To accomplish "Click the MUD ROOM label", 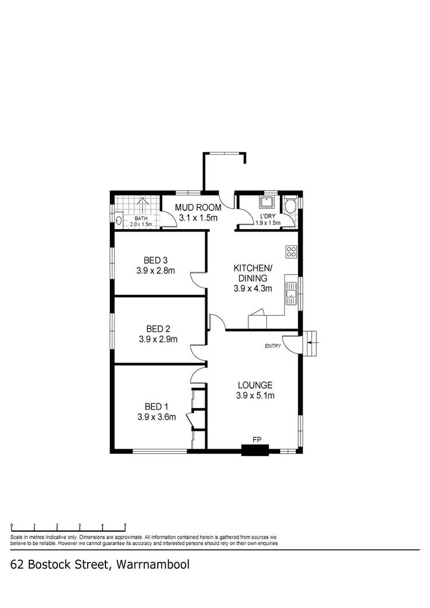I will pos(198,207).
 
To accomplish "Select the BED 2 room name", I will pos(158,328).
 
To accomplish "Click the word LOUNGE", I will pos(255,385).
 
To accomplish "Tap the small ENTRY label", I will pos(272,346).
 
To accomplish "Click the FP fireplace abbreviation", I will pos(257,440).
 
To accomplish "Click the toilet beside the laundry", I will pos(291,206).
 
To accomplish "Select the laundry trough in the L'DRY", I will pos(267,203).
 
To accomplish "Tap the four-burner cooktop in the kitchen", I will pos(291,251).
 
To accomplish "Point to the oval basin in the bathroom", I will pos(119,219).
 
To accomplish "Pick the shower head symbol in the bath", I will pos(143,202).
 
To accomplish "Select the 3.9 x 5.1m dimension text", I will pos(255,395).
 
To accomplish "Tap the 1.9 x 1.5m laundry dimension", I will pos(268,222).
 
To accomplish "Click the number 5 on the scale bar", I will pos(125,525).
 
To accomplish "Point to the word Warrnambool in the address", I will pos(153,564).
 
